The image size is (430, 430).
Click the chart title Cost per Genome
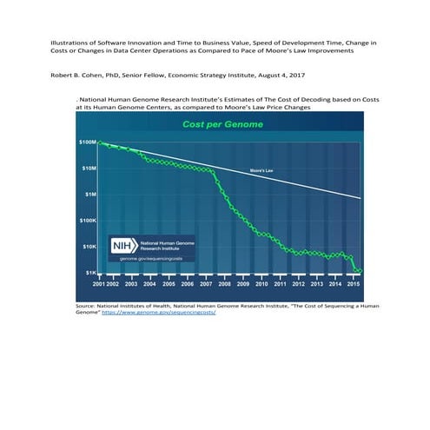(217, 125)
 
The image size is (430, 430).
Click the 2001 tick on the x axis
(97, 284)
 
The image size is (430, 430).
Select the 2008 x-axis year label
(224, 284)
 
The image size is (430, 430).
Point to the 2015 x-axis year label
(354, 284)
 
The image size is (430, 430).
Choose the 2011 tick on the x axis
(280, 284)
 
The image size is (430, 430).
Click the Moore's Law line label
(262, 170)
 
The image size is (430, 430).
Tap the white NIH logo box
(122, 246)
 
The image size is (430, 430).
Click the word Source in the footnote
(86, 306)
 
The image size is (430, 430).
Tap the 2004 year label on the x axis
(149, 284)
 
